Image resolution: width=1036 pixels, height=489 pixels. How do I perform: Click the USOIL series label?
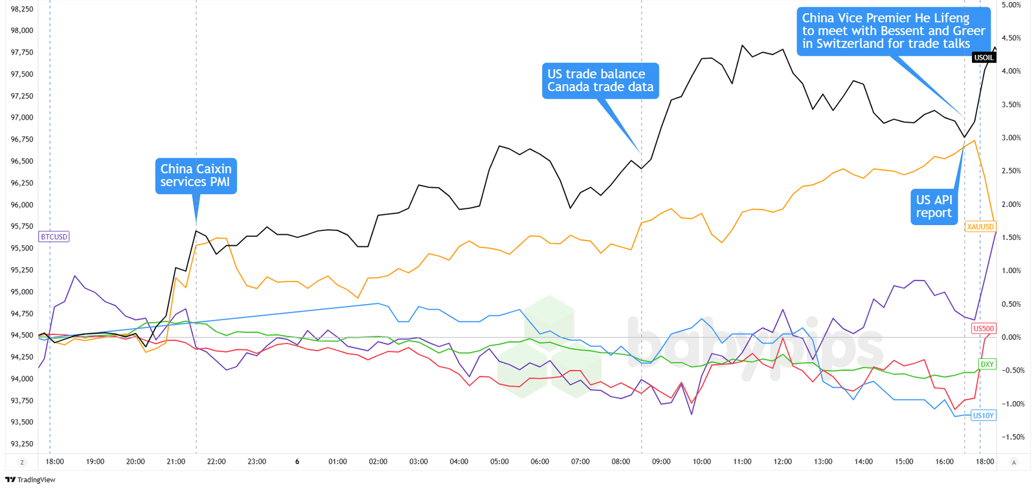click(984, 58)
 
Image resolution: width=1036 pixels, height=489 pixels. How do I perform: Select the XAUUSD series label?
click(980, 227)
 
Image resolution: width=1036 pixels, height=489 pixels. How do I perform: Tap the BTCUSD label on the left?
click(54, 237)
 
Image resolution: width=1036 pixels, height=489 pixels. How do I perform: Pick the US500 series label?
click(984, 329)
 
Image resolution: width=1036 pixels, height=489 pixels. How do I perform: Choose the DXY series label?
click(987, 364)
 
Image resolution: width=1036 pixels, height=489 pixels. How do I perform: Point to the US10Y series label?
click(983, 415)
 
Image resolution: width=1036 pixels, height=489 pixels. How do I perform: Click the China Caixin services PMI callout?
click(196, 175)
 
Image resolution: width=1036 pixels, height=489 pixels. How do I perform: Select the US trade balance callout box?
click(600, 80)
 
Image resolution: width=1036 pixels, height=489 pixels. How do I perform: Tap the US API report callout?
click(934, 206)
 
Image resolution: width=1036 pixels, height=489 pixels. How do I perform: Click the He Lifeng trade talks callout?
click(894, 30)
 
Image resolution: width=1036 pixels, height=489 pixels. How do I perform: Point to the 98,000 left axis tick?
click(22, 30)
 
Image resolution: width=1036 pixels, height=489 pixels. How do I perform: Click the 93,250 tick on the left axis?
click(22, 444)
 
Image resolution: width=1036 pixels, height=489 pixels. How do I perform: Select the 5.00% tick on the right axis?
click(1011, 5)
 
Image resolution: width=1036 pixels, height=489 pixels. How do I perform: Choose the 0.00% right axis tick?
click(1011, 338)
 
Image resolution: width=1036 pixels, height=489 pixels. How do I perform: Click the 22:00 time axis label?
click(216, 462)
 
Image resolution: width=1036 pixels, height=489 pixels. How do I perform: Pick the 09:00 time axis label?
click(661, 462)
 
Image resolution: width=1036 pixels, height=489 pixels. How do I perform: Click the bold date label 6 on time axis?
click(297, 462)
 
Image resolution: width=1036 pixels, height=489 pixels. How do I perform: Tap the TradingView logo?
click(30, 480)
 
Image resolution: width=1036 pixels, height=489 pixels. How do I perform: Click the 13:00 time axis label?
click(823, 462)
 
